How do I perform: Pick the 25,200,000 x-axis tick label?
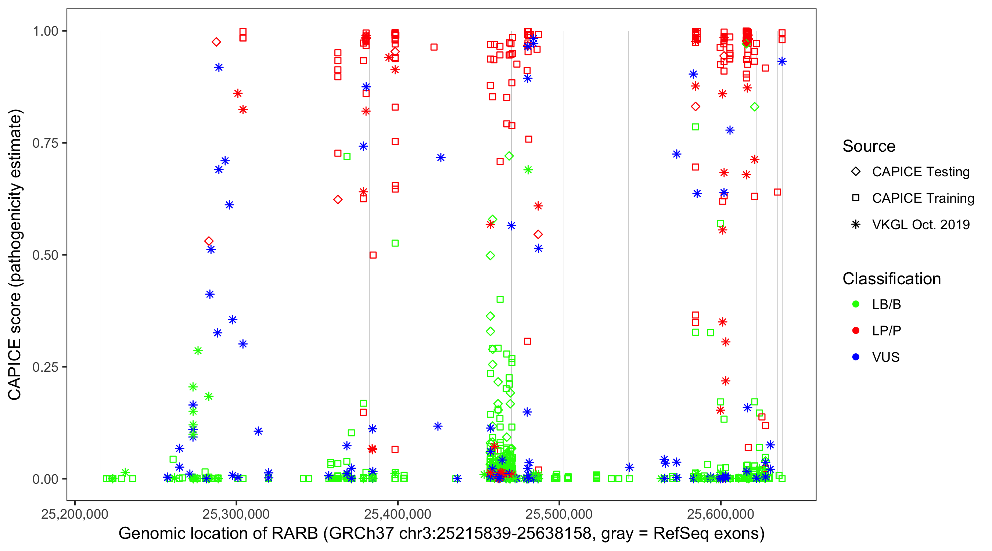pos(75,514)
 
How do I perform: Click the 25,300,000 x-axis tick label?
pos(236,514)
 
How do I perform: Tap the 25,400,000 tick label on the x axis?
pos(398,514)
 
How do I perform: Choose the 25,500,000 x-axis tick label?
pos(559,514)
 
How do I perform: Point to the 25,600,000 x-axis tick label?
pos(720,514)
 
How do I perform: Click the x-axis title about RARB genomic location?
pos(441,534)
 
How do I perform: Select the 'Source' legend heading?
pos(869,146)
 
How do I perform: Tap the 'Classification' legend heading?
pos(891,279)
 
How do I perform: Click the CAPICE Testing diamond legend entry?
pos(856,172)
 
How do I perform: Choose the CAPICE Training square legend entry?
pos(856,198)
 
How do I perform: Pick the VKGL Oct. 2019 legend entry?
pos(856,224)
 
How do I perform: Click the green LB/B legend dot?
pos(856,304)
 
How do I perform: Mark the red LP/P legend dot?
pos(856,331)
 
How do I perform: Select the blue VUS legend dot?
pos(856,357)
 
